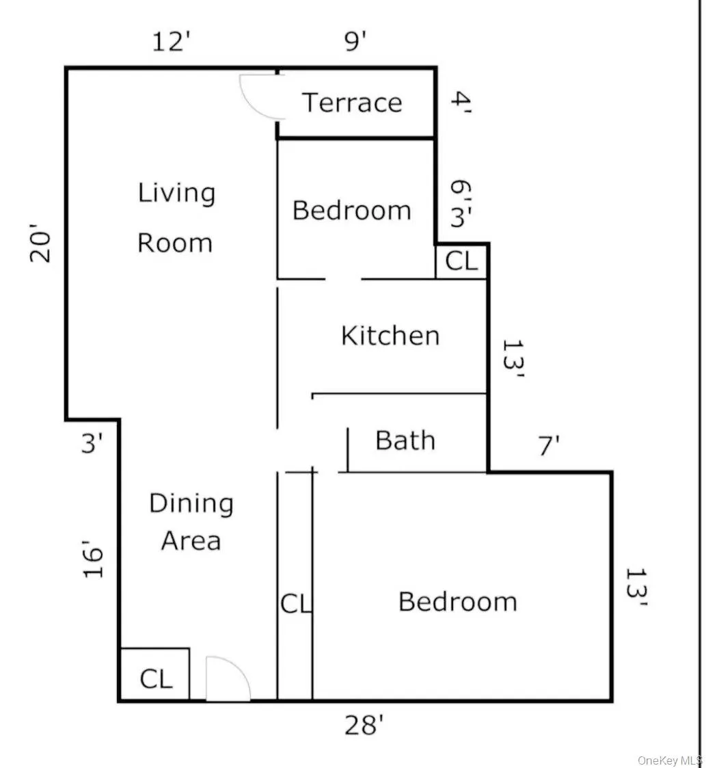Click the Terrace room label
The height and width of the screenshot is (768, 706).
click(x=352, y=103)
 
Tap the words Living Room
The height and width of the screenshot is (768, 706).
click(x=176, y=217)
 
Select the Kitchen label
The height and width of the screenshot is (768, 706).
click(x=390, y=336)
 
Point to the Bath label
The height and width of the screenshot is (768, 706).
click(x=405, y=440)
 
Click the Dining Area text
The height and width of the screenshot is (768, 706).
click(x=191, y=522)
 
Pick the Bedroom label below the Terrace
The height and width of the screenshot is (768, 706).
click(x=352, y=210)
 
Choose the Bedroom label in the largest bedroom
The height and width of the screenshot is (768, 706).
click(x=457, y=602)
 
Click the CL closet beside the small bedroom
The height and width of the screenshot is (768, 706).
click(x=461, y=261)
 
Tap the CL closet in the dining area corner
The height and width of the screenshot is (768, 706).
click(x=156, y=679)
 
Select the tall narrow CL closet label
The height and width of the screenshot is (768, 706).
click(x=295, y=604)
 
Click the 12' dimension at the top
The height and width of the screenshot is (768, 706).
click(x=169, y=42)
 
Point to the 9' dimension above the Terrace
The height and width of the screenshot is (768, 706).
click(x=355, y=42)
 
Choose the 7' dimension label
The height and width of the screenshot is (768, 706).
click(x=548, y=447)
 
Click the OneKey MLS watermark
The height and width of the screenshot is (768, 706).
click(x=669, y=760)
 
